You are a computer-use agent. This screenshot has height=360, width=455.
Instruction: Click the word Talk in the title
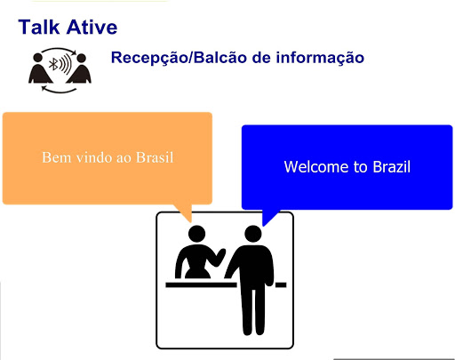[39, 27]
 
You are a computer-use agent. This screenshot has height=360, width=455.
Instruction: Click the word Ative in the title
[92, 27]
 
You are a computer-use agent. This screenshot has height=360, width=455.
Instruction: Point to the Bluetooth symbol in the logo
[53, 64]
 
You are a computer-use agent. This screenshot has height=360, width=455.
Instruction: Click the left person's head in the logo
[38, 58]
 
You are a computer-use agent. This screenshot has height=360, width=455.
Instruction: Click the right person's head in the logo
[81, 58]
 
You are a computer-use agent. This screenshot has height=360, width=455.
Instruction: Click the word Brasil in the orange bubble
[155, 157]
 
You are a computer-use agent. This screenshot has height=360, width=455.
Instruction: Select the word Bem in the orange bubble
[54, 157]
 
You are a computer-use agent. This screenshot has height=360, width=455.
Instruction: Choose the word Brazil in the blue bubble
[392, 166]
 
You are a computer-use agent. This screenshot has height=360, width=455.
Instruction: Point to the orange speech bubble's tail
[185, 212]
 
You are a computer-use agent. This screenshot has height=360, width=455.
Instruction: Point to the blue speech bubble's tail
[269, 217]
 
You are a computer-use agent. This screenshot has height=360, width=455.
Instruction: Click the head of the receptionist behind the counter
[196, 234]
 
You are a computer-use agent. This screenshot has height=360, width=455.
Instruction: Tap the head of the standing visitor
[253, 234]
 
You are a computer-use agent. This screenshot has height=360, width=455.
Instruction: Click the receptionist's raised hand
[220, 256]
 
